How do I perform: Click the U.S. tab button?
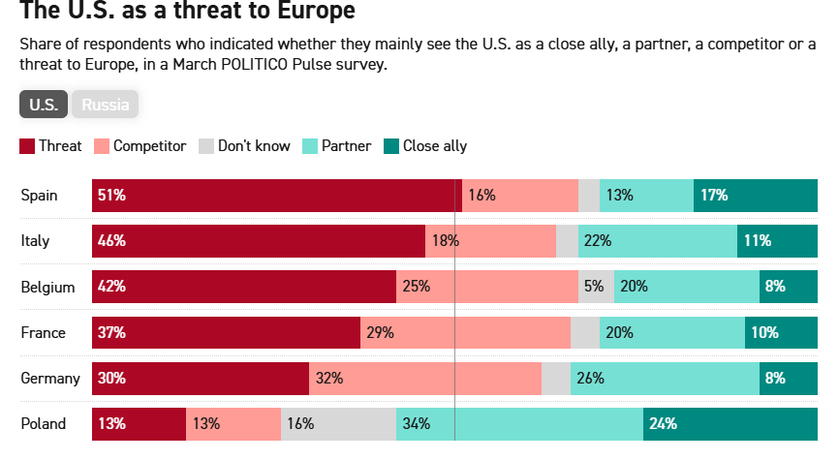point(43,105)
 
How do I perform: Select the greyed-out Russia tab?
point(106,105)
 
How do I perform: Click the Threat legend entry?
point(52,146)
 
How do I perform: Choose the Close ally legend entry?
point(425,146)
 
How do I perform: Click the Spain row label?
point(40,196)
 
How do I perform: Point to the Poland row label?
point(44,424)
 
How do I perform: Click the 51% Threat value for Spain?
point(111,196)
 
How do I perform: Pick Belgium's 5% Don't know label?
point(593,287)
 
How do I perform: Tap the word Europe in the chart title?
point(299,13)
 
